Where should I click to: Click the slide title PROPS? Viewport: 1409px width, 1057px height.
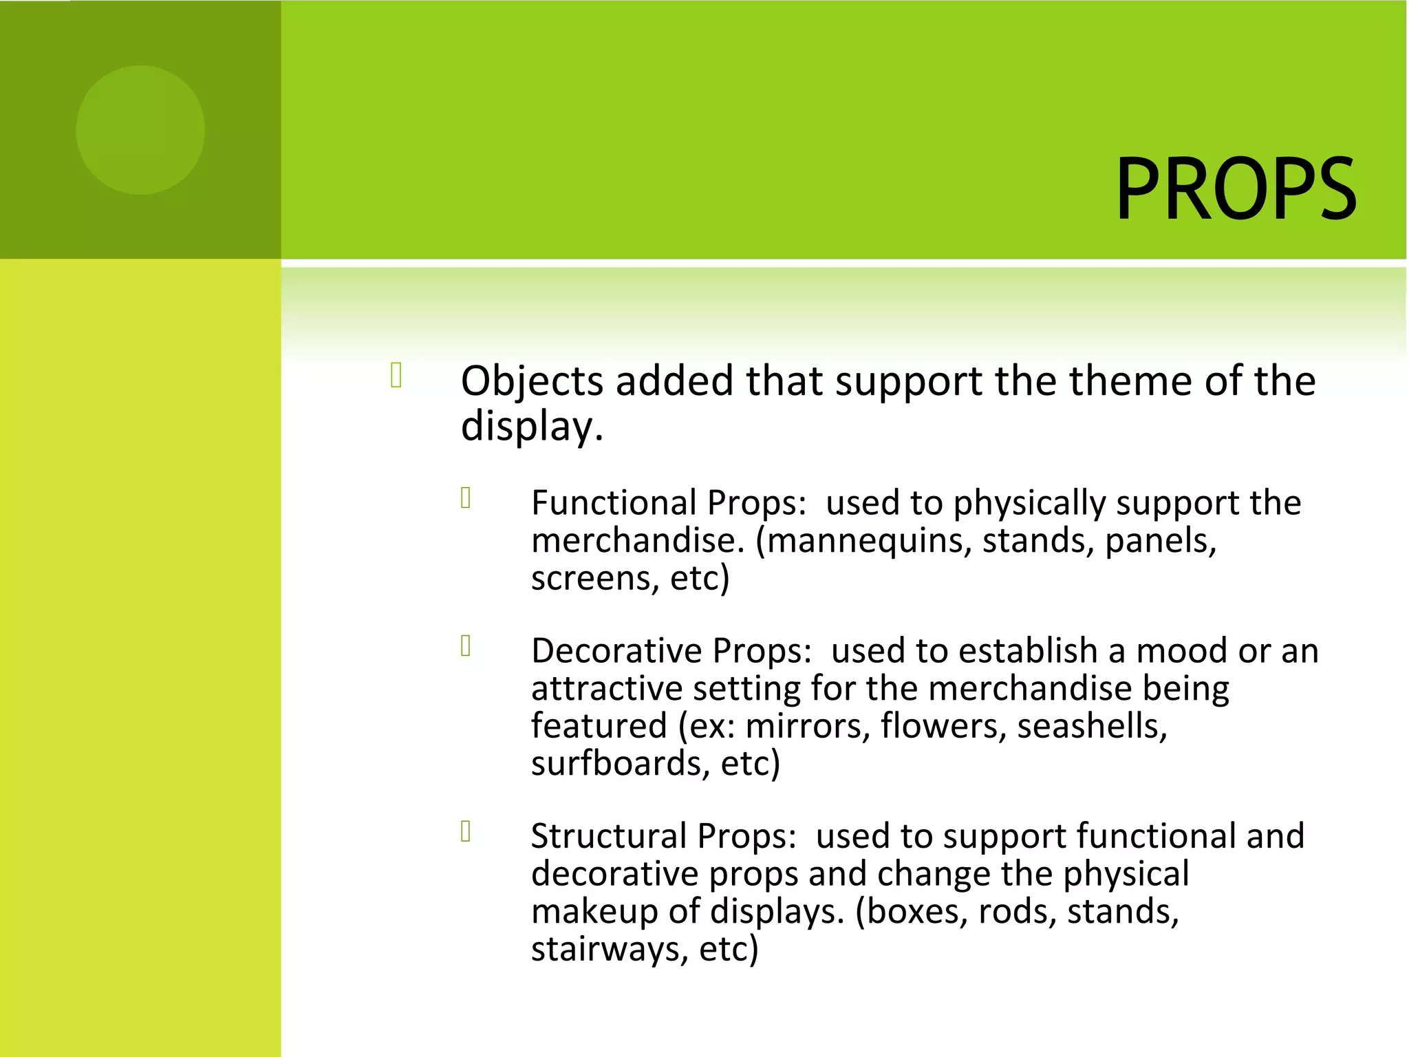(1236, 189)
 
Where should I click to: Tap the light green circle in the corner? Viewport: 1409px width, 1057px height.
(140, 130)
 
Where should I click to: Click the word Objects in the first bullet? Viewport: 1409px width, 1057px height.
(532, 382)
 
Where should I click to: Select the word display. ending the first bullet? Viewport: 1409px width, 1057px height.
(532, 427)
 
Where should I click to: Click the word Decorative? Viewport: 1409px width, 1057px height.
(616, 651)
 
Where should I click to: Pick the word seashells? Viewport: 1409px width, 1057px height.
(1092, 727)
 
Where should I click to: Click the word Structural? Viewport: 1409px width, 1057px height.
(608, 837)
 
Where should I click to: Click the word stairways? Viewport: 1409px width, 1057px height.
(609, 950)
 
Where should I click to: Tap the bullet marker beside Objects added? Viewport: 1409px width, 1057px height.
(396, 375)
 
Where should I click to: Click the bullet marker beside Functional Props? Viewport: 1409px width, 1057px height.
(466, 498)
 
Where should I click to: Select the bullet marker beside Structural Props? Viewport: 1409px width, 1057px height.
(466, 831)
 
